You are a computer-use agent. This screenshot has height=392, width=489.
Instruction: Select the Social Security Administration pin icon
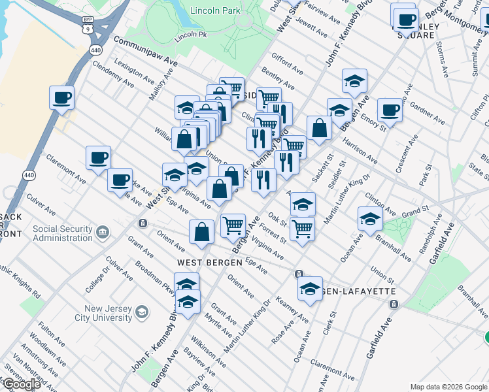coord(102,233)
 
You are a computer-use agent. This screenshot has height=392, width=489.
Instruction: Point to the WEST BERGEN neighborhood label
coord(201,262)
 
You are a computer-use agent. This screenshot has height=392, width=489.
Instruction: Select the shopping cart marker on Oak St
coord(301,229)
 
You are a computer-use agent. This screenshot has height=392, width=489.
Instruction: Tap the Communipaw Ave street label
coord(146,50)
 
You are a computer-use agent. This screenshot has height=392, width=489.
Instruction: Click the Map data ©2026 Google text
coord(448,387)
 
